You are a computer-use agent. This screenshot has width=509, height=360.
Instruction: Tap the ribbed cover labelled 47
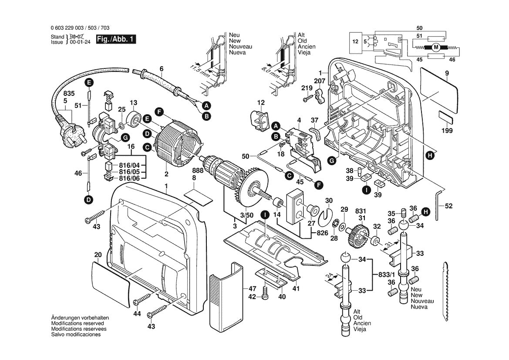coord(225,300)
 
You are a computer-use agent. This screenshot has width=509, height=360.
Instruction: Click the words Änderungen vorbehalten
coord(80,319)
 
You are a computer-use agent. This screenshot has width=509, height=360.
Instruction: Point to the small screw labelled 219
coord(305,100)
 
